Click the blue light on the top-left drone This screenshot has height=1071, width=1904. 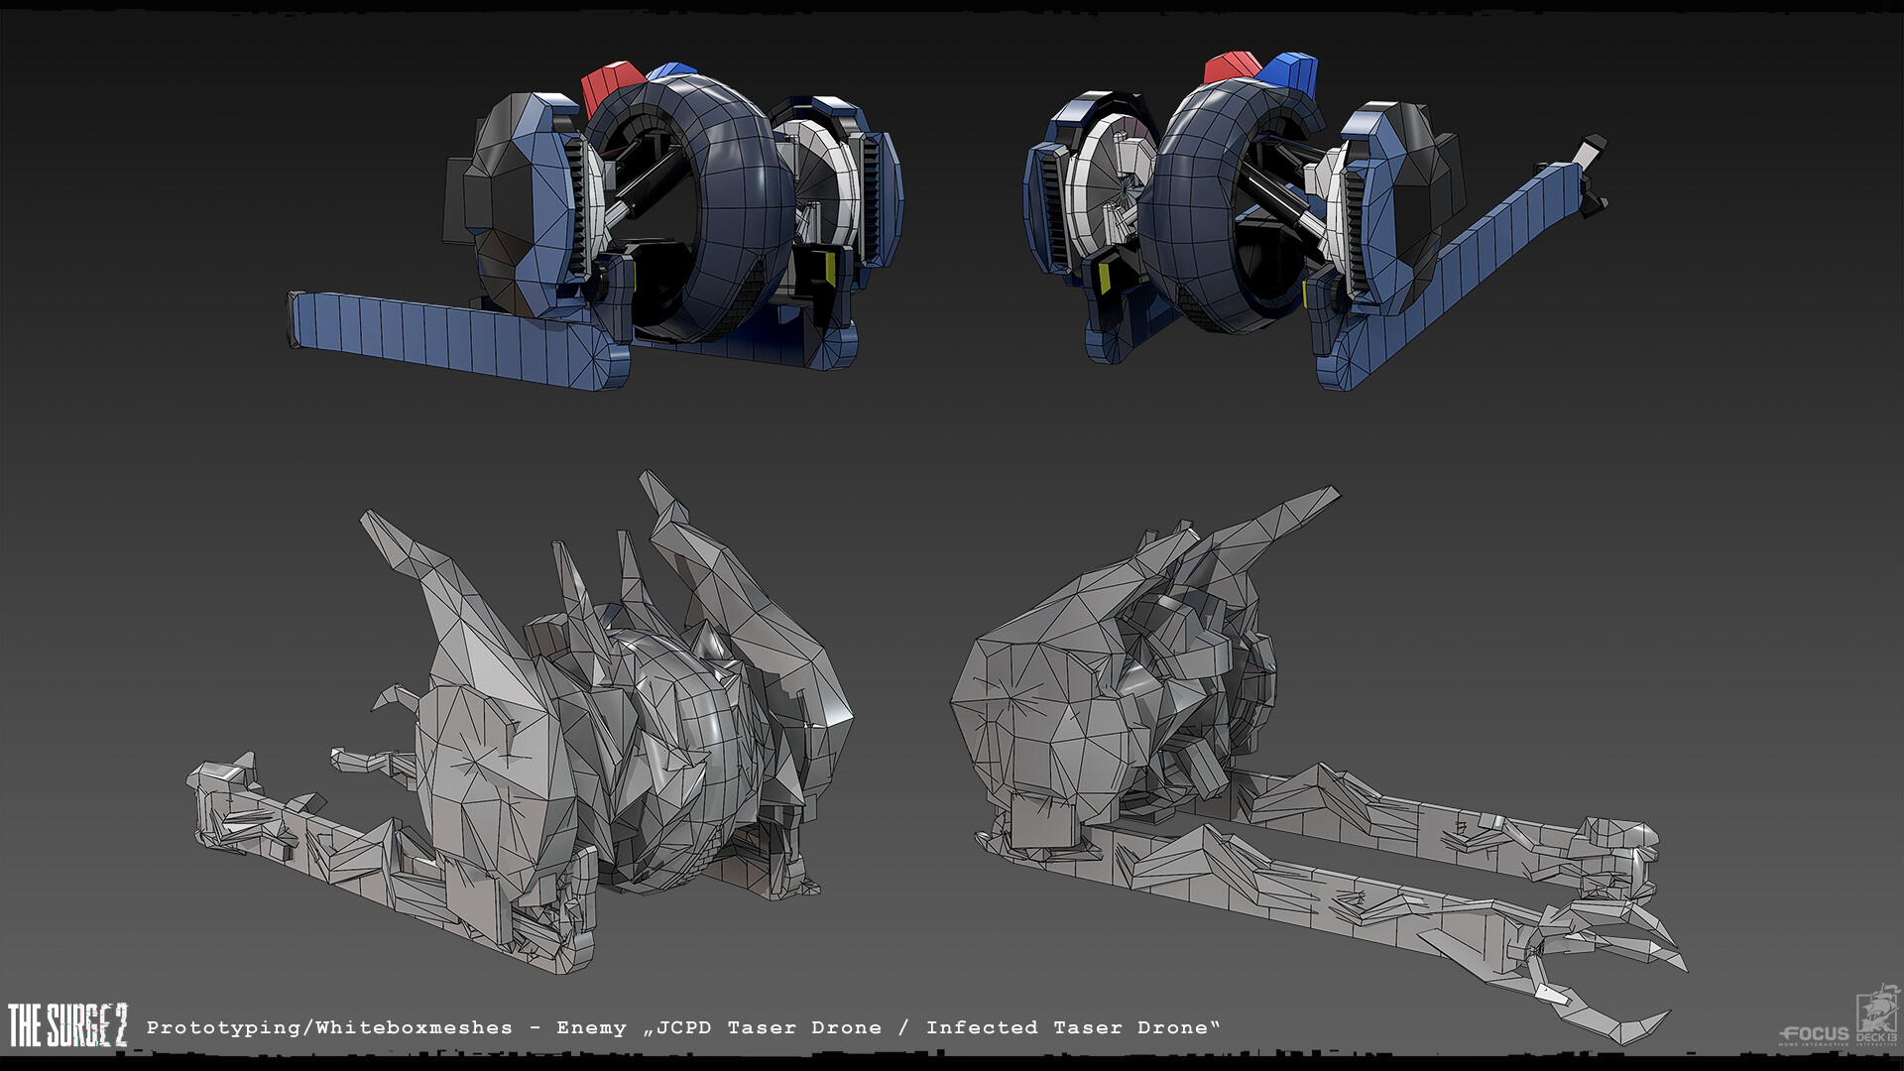point(671,71)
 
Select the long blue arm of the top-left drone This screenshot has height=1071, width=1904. point(446,332)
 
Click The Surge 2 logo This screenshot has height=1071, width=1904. point(67,1025)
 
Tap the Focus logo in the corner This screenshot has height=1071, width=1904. point(1814,1034)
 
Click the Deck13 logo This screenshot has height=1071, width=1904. point(1877,1016)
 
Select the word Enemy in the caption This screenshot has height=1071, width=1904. point(591,1028)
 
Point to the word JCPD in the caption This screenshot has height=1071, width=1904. point(684,1028)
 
